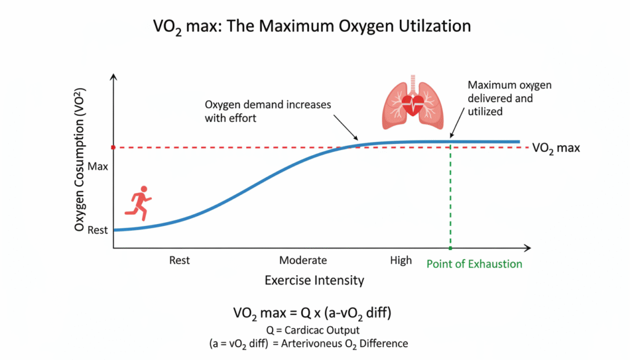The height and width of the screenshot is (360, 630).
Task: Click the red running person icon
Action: click(138, 203)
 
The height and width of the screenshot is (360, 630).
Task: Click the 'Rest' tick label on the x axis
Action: click(179, 260)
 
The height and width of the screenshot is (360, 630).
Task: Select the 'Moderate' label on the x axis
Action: click(303, 260)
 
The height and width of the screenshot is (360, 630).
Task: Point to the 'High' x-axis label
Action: click(401, 260)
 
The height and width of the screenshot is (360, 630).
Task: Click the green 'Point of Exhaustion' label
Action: click(474, 264)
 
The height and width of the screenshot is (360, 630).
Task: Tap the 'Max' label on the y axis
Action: click(98, 166)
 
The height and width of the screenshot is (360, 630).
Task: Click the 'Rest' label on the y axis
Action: click(97, 230)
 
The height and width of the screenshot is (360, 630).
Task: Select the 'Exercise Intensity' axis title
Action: click(314, 281)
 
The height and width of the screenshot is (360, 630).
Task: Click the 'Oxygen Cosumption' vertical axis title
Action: click(79, 160)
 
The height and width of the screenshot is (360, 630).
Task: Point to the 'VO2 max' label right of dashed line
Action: click(556, 148)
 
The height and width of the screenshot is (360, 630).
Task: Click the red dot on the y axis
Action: click(113, 148)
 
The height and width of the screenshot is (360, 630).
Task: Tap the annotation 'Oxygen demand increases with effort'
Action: click(268, 111)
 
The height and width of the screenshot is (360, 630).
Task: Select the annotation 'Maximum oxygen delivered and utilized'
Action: click(501, 98)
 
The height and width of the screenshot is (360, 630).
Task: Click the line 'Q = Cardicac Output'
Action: click(314, 329)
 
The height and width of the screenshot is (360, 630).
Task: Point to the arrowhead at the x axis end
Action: click(527, 248)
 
